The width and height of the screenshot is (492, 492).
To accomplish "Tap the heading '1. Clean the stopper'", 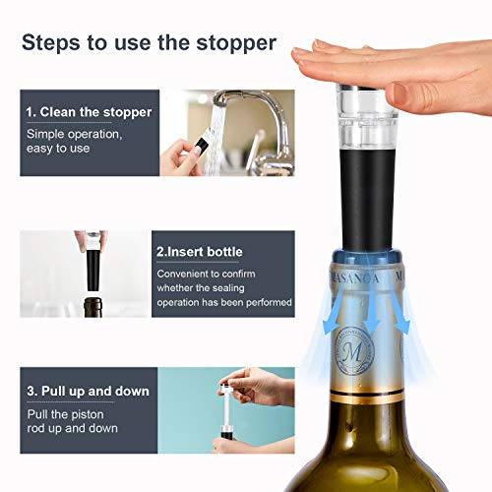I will [x=89, y=112].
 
